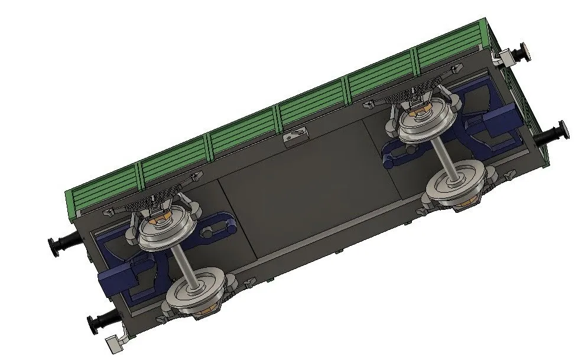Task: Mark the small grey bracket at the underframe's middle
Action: tap(295, 137)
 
